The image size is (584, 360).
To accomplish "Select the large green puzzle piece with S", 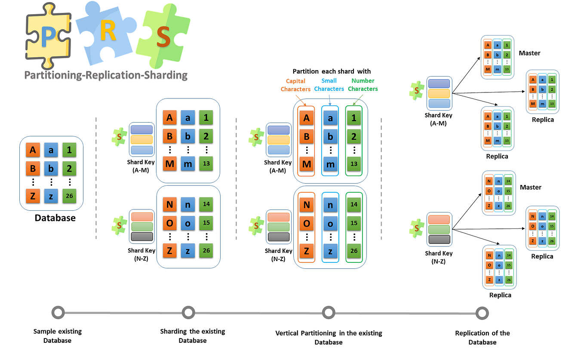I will click(163, 37).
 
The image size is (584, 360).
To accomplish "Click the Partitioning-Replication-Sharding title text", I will click(106, 75).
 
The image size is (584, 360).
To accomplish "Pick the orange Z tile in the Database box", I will click(33, 197).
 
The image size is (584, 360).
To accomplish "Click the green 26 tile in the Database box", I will click(70, 197).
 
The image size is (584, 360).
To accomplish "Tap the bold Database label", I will click(55, 218).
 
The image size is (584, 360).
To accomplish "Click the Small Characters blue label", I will click(329, 85).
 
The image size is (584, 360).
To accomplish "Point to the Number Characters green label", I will click(363, 85).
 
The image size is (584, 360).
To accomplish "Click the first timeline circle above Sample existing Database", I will click(58, 312).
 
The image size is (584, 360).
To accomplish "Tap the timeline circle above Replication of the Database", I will click(482, 313).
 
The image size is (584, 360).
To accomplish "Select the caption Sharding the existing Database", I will click(192, 336).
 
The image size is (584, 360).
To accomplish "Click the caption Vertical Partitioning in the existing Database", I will click(329, 338).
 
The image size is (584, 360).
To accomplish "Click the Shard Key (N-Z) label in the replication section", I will click(439, 257).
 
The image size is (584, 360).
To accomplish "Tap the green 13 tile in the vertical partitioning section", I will click(353, 163).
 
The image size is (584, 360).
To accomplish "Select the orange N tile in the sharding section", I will click(169, 205).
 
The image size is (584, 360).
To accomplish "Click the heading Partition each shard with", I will click(332, 71).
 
